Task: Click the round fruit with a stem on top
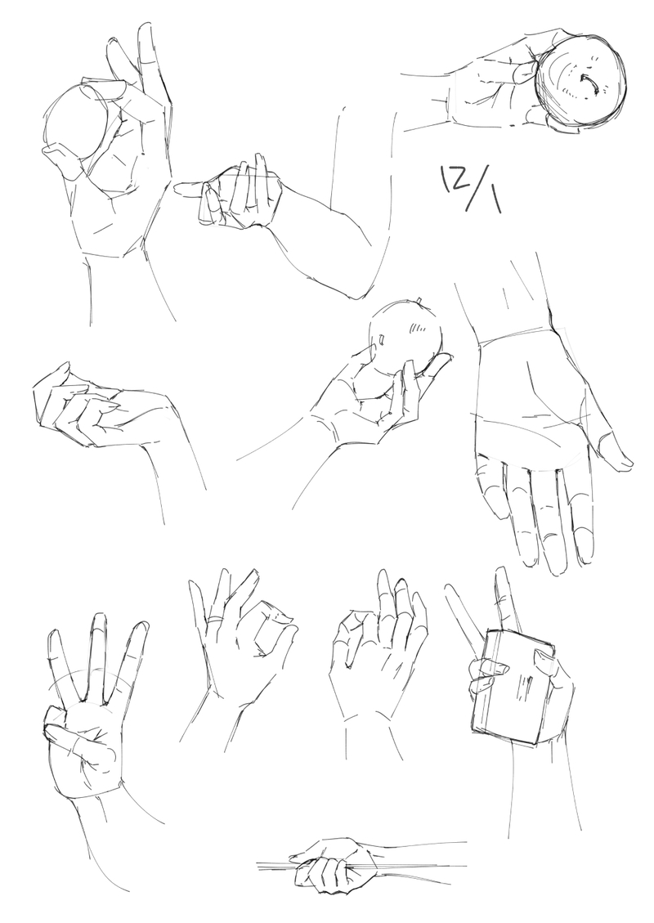pyautogui.click(x=405, y=338)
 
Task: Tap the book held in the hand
pyautogui.click(x=512, y=687)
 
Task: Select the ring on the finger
pyautogui.click(x=216, y=619)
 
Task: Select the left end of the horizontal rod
pyautogui.click(x=258, y=865)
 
